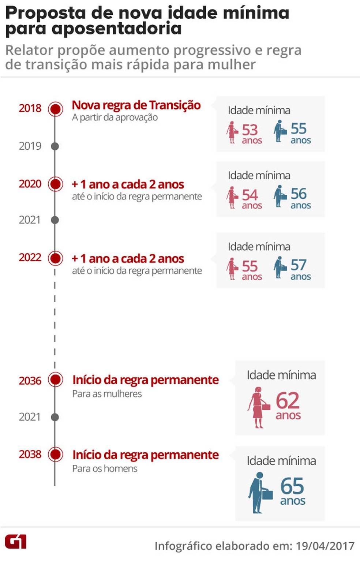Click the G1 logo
point(15,542)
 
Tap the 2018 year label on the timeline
point(30,108)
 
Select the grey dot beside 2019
point(55,146)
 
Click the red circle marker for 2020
point(55,184)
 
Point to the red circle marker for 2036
point(55,380)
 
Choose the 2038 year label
point(30,454)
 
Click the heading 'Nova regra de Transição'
point(136,105)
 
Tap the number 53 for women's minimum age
point(250,130)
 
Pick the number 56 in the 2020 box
point(299,194)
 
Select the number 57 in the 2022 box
point(299,265)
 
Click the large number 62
point(288,400)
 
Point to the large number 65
point(292,486)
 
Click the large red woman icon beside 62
point(258,407)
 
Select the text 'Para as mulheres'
point(107,394)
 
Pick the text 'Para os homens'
point(105,468)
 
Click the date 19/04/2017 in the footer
point(325,546)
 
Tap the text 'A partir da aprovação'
point(115,117)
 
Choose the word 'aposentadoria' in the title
point(117,29)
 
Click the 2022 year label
point(30,258)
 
